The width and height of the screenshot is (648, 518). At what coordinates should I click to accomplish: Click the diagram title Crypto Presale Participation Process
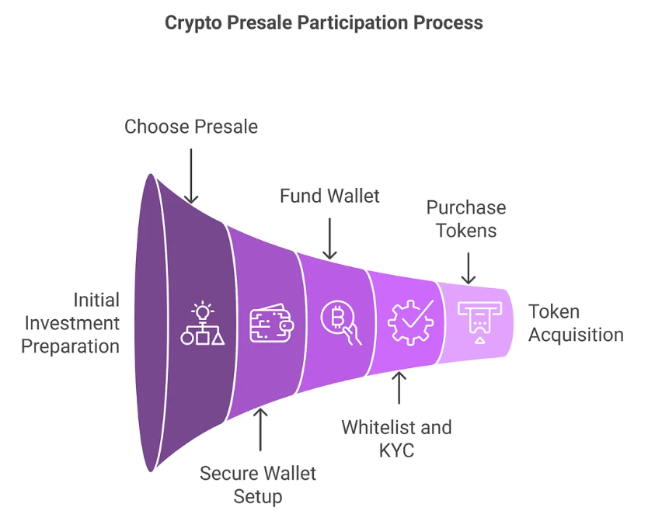pos(323,23)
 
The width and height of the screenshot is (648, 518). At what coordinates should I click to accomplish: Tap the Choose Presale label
pos(191,127)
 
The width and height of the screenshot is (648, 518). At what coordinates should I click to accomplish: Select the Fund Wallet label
pos(329,196)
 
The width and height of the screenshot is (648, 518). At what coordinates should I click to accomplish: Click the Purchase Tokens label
pos(466,219)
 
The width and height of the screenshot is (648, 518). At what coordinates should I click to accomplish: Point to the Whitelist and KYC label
pos(396,439)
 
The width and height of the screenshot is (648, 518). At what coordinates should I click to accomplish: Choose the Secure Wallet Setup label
pos(258,485)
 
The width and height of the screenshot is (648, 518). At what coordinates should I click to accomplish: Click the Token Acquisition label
pos(576,323)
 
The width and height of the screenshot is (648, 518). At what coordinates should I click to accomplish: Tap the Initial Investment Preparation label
pos(71,323)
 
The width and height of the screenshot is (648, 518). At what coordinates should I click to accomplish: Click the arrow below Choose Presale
pos(191,176)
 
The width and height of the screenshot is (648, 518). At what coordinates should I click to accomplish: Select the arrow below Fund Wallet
pos(329,238)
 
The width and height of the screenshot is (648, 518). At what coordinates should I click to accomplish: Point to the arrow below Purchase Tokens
pos(469,269)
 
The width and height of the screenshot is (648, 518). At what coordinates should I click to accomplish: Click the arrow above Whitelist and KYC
pos(399,388)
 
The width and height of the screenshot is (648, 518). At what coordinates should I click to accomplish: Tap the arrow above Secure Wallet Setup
pos(260,429)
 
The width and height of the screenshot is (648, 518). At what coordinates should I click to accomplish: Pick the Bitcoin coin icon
pos(340,322)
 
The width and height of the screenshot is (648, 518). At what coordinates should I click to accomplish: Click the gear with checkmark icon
pos(410,322)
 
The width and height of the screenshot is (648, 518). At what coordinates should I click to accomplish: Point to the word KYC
pos(396,450)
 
